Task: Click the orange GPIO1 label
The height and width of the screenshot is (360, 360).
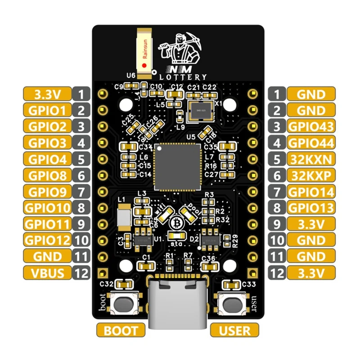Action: pos(47,110)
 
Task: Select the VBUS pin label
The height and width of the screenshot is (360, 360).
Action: pos(47,272)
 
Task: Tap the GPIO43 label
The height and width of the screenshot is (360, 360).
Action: pos(311,126)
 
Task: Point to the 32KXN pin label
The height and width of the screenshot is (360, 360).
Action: pos(311,159)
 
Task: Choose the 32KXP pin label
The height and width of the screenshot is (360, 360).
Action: pos(311,175)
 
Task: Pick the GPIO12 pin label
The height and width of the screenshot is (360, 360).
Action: pos(47,240)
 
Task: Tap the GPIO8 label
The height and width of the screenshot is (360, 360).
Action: pos(47,175)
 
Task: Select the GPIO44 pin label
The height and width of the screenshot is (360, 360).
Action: pos(311,143)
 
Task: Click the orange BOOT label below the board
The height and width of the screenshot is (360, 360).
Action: pos(121,330)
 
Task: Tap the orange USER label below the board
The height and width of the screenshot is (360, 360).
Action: pos(234,330)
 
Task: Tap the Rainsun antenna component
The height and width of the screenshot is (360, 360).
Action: pos(144,52)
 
